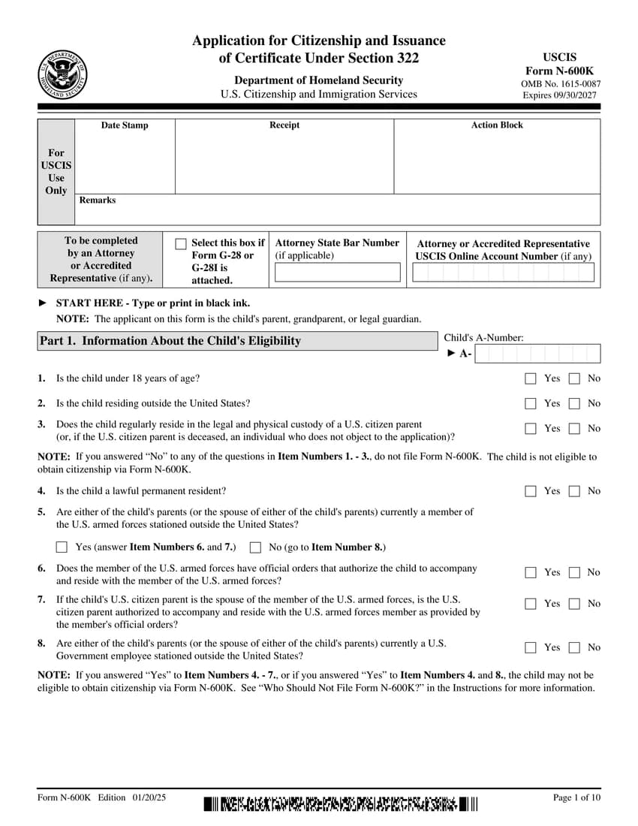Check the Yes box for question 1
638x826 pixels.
pos(531,378)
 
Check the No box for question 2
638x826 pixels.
pos(575,403)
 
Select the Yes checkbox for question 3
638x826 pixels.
pos(531,429)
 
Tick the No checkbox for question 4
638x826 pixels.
pos(575,491)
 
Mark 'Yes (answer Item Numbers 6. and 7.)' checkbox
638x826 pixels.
pos(62,547)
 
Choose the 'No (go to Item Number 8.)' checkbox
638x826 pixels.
pos(255,547)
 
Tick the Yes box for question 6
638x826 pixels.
pos(531,572)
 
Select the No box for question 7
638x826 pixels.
pos(575,604)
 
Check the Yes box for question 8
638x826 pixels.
pos(531,647)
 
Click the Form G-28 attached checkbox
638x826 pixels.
pos(180,244)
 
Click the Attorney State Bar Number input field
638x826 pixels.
pos(337,273)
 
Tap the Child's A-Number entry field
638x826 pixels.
pos(537,354)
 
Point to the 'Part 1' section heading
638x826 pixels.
pos(170,341)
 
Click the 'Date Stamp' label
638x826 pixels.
pos(125,125)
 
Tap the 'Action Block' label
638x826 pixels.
pos(497,125)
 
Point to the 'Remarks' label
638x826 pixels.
pos(98,200)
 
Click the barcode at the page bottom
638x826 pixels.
pos(340,804)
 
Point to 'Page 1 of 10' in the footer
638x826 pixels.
pos(576,797)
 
